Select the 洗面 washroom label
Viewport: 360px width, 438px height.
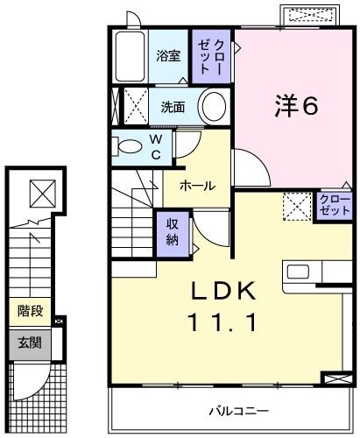[x=172, y=108]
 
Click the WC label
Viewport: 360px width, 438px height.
[x=154, y=147]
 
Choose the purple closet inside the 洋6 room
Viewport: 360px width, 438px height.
[x=334, y=208]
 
